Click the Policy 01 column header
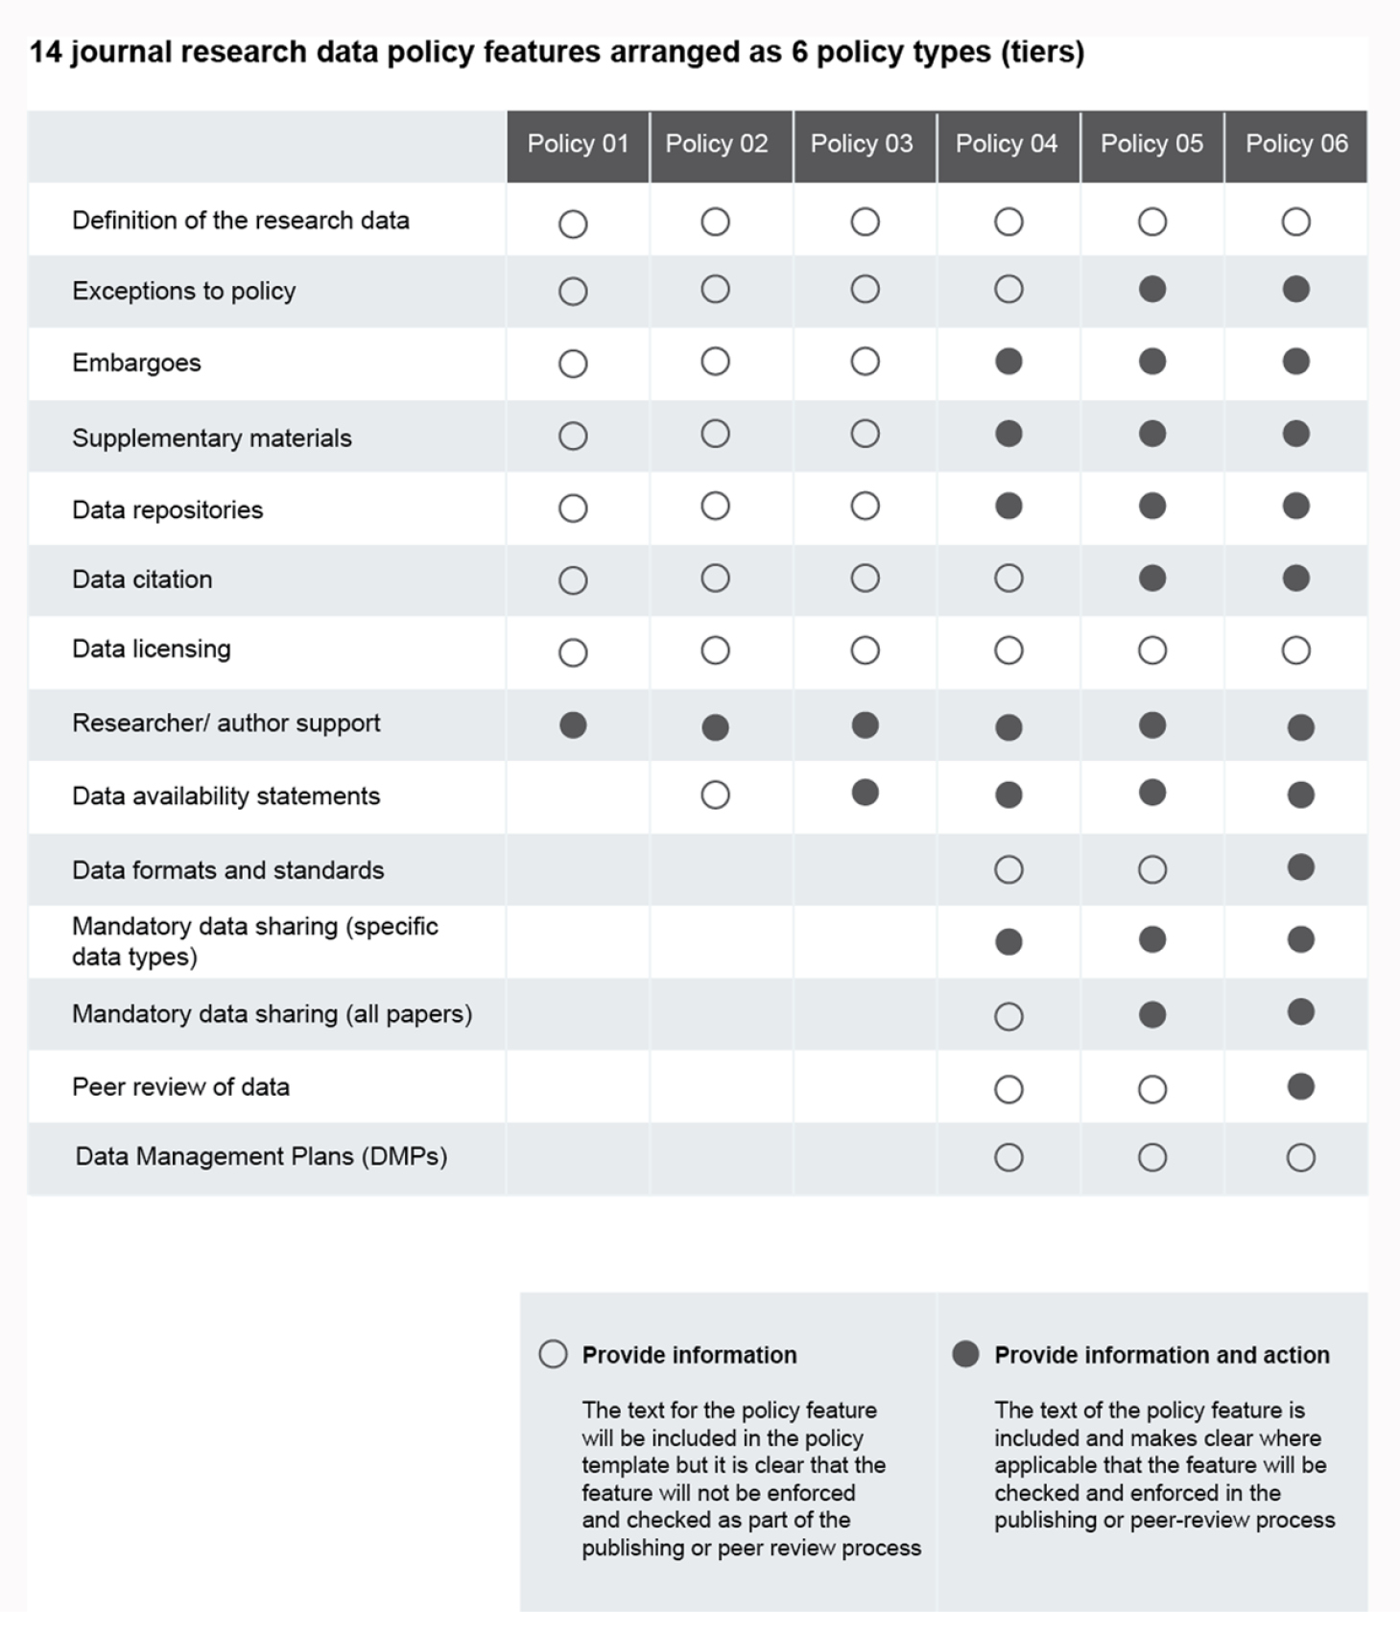(578, 144)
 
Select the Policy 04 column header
(1007, 144)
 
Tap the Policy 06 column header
(1296, 144)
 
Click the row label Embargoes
(136, 363)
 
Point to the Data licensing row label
(152, 649)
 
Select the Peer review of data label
(180, 1086)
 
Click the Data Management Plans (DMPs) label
(261, 1156)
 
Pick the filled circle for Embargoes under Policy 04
(1008, 362)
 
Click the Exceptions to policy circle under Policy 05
(1152, 290)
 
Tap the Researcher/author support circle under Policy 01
(573, 725)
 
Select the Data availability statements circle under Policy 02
(715, 795)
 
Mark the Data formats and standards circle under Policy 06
(1300, 868)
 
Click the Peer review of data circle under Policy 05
(1152, 1089)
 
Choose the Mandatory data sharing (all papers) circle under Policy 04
(1008, 1016)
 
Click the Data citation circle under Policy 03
(865, 579)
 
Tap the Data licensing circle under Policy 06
(1296, 651)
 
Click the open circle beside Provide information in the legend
(553, 1354)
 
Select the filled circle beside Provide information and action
(965, 1354)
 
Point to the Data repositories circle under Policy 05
(1152, 506)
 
